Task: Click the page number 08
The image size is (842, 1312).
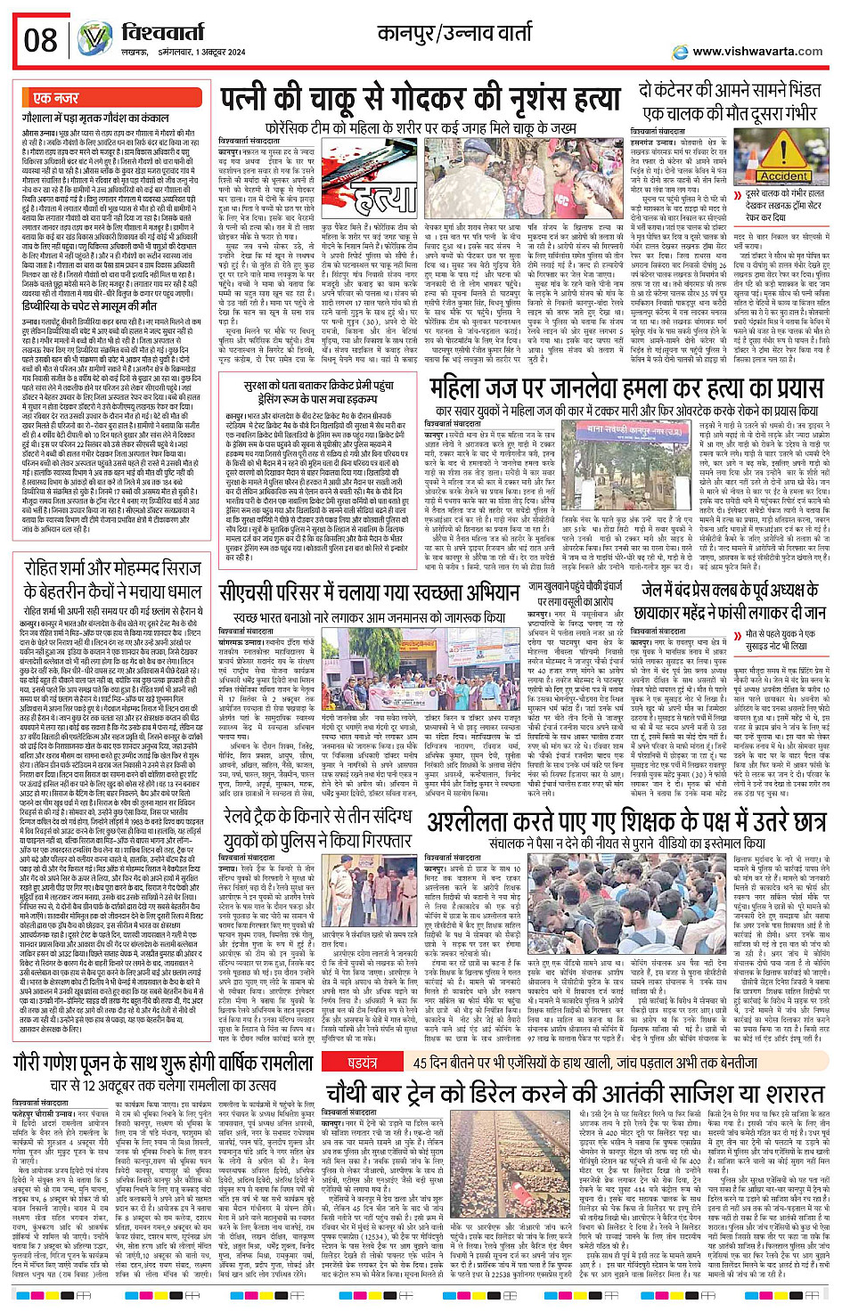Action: click(x=40, y=40)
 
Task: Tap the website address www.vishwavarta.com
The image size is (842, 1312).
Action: click(x=756, y=52)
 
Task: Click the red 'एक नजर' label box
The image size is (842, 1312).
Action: click(x=55, y=97)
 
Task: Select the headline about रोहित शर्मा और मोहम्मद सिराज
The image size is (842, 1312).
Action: click(x=113, y=580)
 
